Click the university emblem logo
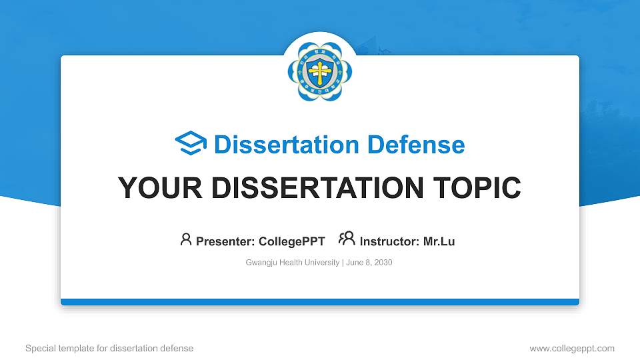coord(320,72)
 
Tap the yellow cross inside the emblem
coord(320,71)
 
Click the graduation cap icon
coord(191,144)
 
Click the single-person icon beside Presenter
coord(186,239)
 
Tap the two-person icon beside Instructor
coord(347,239)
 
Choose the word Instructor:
coord(389,241)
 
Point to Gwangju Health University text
coord(293,263)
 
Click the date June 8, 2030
coord(369,263)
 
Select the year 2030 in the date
coord(383,263)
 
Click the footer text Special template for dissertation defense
coord(109,348)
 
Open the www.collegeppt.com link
coord(572,348)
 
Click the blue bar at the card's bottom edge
coord(320,302)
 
